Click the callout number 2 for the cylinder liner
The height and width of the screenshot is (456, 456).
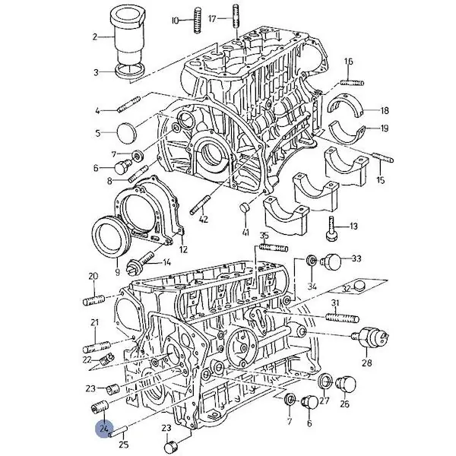(95, 37)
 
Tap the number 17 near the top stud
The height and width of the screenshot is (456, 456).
(213, 19)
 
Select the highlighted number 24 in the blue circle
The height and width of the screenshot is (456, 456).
(105, 428)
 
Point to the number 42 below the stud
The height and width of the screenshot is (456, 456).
(204, 219)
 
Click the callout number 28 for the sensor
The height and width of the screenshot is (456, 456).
(367, 363)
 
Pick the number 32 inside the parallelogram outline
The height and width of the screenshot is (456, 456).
(347, 289)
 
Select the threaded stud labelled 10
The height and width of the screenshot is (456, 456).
(198, 21)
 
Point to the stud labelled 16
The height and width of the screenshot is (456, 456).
(352, 83)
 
